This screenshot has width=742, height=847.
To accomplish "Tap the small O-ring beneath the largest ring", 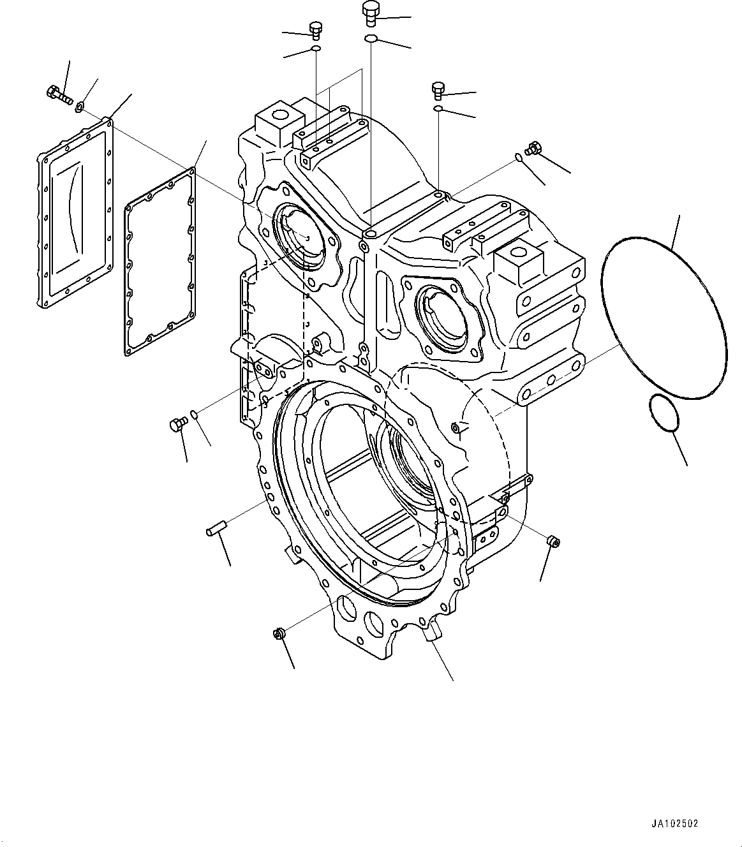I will [664, 413].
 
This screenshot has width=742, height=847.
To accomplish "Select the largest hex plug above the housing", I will [371, 13].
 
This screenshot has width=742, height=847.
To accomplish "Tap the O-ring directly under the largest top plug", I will [371, 40].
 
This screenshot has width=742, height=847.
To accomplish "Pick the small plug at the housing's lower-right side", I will [553, 542].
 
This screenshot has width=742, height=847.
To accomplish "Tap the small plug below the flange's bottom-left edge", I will [278, 633].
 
